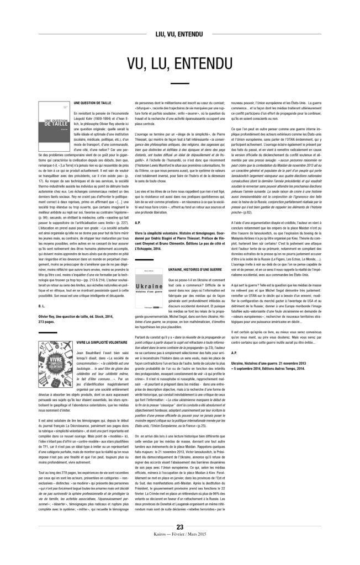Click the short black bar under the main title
click(180, 83)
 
